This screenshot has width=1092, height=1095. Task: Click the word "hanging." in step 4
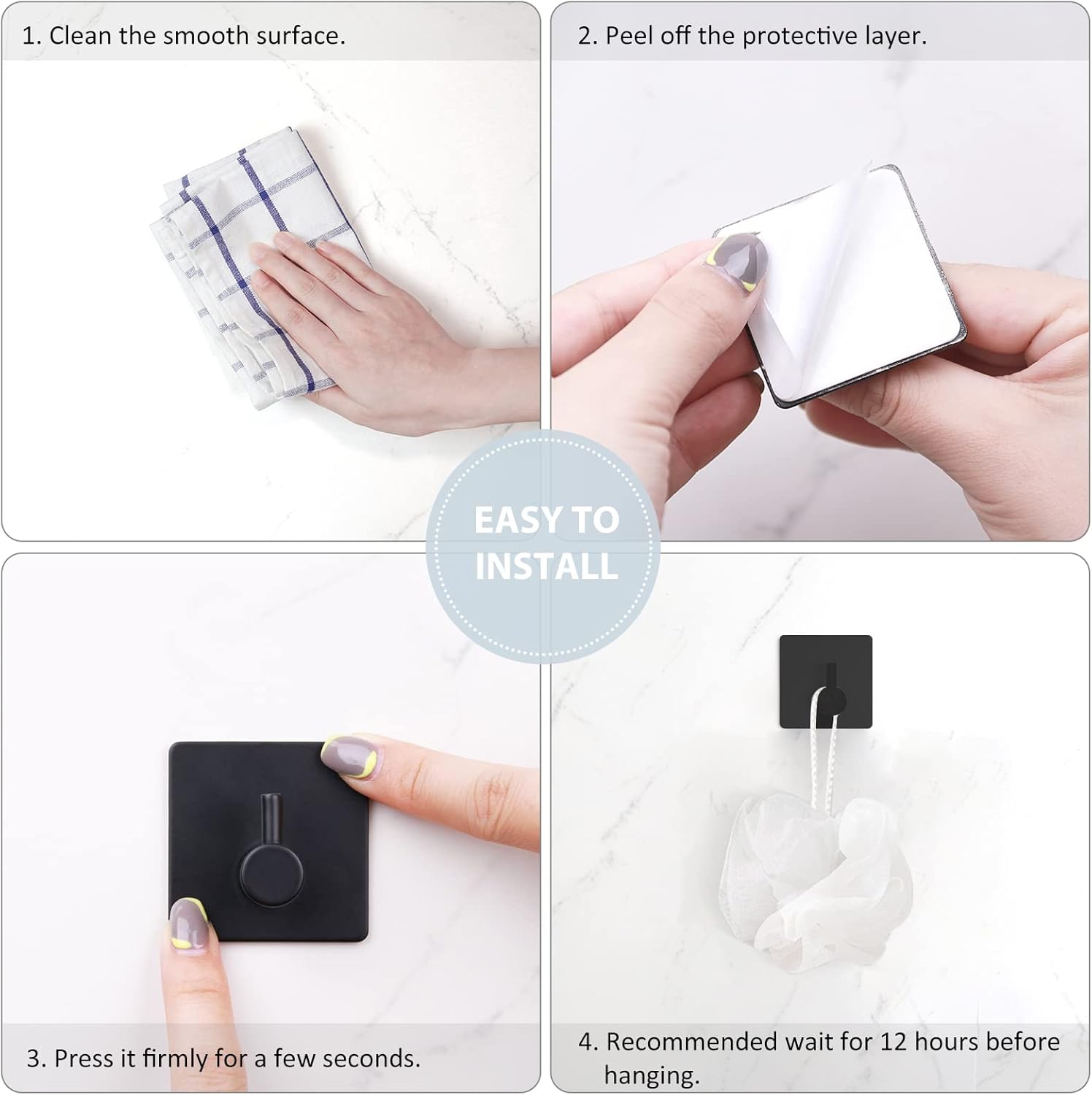pyautogui.click(x=652, y=1075)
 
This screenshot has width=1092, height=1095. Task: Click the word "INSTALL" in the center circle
pyautogui.click(x=547, y=566)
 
